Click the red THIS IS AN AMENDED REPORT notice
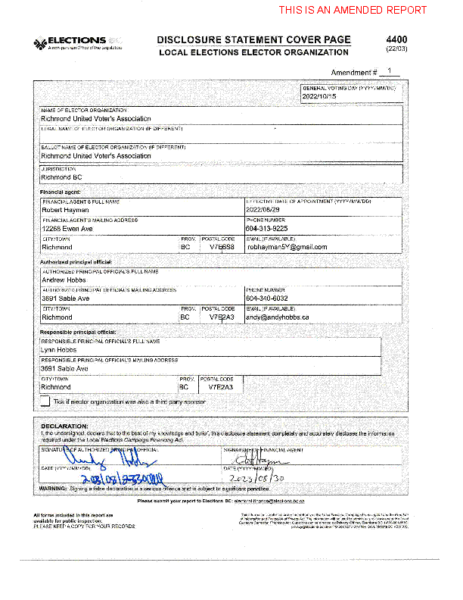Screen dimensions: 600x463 pos(353,11)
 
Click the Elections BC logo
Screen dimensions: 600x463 pos(79,43)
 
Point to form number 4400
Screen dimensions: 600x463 pos(396,39)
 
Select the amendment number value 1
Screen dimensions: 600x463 pos(388,71)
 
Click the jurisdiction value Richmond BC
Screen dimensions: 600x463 pos(61,177)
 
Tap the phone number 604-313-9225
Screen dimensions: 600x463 pos(266,228)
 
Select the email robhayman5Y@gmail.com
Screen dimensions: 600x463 pos(287,247)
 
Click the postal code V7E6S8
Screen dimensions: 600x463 pos(222,247)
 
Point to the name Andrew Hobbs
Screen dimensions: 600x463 pos(64,280)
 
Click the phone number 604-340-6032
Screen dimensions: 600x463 pos(266,298)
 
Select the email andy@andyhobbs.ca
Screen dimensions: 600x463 pos(278,317)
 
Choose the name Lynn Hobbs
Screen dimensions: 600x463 pos(59,349)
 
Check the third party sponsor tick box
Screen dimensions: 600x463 pos(45,402)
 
